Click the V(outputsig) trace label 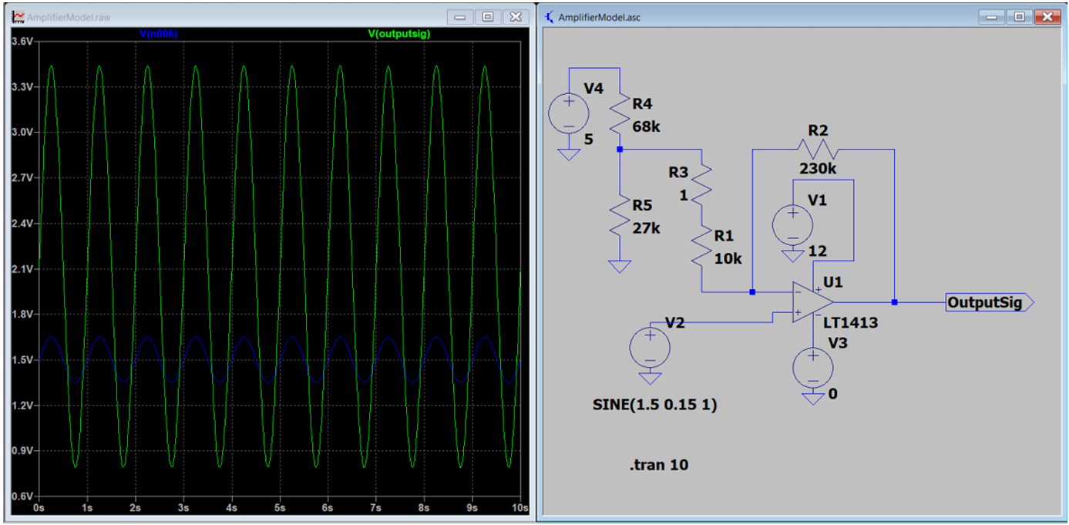(399, 34)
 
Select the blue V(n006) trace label (159, 34)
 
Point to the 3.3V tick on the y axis (22, 87)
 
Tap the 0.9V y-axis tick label (22, 450)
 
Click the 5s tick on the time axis (280, 508)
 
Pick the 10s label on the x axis (519, 508)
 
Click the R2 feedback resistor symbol (818, 150)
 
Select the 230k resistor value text (818, 169)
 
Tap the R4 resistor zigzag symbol (620, 113)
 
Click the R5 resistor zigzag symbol (620, 215)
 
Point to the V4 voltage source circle (568, 113)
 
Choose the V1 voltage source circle (792, 225)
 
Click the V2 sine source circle (650, 348)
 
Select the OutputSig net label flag (990, 303)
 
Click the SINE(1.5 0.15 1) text (655, 405)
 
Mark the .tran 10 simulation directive (659, 465)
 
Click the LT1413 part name (850, 323)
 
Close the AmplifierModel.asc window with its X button (1047, 17)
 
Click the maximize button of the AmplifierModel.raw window (487, 17)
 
